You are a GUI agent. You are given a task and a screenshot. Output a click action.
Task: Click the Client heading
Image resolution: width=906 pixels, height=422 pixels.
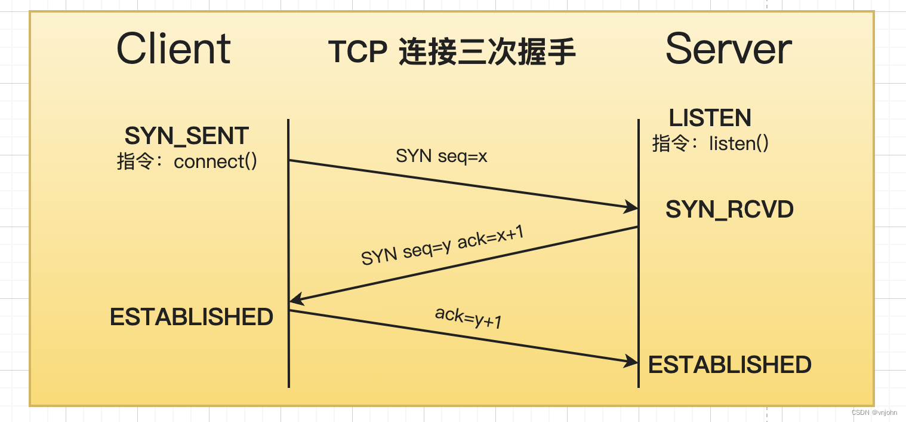[173, 49]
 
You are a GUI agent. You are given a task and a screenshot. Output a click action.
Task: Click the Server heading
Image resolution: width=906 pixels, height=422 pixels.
[728, 49]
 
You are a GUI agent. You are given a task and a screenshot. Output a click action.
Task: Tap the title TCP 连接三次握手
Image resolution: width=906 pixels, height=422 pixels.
[452, 53]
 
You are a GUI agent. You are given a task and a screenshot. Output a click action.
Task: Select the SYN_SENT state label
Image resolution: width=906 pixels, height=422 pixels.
[186, 136]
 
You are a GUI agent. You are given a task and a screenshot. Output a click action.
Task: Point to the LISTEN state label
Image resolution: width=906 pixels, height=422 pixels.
[710, 118]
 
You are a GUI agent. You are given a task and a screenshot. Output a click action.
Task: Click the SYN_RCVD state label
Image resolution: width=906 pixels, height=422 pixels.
[729, 209]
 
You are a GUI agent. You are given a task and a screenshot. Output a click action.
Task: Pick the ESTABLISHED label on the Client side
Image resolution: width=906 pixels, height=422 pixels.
[191, 317]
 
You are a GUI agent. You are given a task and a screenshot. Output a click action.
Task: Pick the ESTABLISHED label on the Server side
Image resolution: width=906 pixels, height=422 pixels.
[729, 365]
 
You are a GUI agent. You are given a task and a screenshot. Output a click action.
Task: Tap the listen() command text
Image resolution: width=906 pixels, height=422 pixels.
[738, 143]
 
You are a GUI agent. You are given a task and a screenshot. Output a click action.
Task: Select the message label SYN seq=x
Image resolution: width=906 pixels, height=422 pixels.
[442, 157]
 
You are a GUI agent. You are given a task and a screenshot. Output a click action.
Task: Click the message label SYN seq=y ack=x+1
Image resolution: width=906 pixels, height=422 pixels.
[442, 246]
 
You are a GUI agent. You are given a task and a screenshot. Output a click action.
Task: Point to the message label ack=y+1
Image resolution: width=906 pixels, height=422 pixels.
[468, 317]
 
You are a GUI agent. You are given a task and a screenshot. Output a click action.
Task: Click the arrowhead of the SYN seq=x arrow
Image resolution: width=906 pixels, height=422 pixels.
[631, 207]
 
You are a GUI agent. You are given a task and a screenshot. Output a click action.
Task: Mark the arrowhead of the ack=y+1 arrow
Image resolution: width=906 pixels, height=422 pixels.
[631, 361]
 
